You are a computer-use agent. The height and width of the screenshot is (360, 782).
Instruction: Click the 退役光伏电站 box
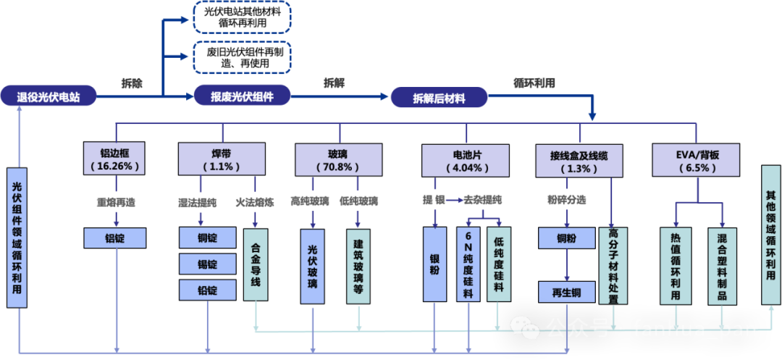tap(49, 96)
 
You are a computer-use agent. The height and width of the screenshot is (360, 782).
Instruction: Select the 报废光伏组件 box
tap(242, 96)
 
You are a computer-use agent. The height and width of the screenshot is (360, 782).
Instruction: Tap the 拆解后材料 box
tap(439, 98)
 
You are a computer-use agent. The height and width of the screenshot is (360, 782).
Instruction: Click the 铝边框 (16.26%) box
tap(115, 159)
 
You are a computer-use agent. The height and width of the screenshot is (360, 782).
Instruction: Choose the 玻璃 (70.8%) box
tap(338, 159)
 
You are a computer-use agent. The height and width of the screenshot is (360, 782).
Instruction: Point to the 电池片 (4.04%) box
tap(466, 159)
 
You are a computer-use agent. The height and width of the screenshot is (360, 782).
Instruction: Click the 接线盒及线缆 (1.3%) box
tap(579, 159)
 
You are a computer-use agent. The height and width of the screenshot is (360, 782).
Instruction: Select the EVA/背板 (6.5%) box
tap(697, 159)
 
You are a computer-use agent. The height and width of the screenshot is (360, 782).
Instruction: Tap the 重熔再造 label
tap(116, 202)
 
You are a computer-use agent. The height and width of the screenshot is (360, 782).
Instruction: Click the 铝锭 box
tap(115, 238)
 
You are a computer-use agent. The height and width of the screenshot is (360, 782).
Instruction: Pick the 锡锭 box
tap(208, 264)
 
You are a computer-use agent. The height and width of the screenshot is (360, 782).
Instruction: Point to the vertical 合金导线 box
tap(256, 265)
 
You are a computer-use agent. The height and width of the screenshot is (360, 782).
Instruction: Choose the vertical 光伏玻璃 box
tap(313, 265)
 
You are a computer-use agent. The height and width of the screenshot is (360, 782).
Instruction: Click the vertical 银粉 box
tap(434, 265)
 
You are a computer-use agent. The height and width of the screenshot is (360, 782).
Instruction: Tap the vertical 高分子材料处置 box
tap(613, 265)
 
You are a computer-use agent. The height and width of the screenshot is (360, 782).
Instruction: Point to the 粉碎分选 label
tap(566, 199)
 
